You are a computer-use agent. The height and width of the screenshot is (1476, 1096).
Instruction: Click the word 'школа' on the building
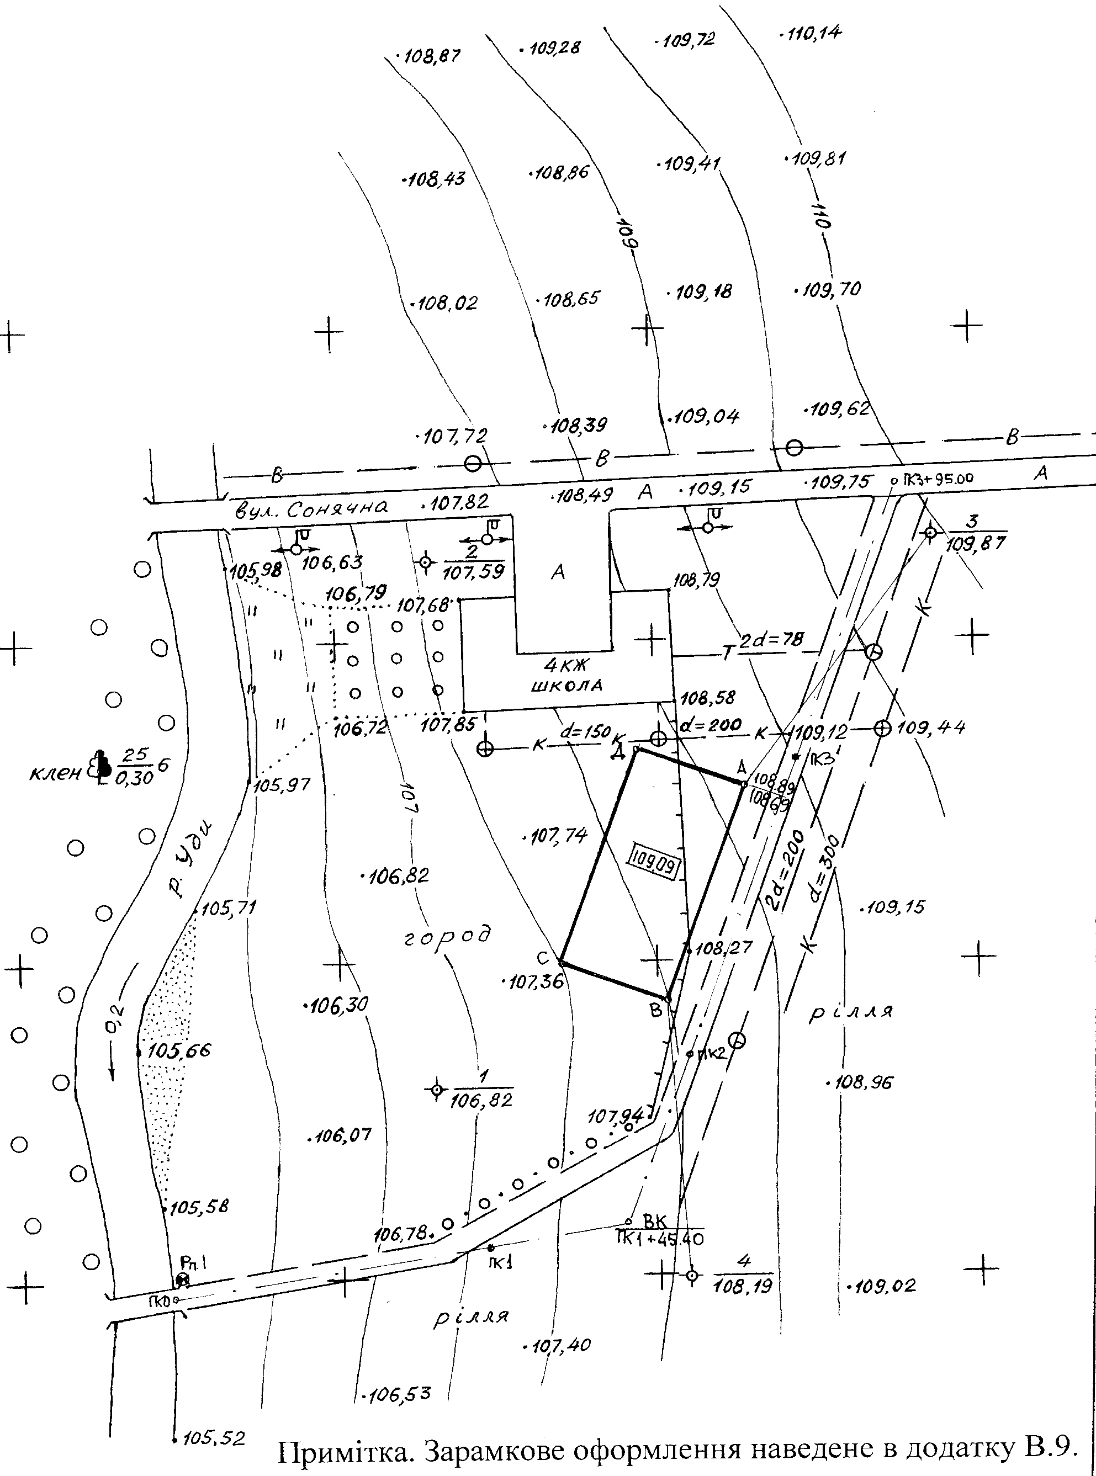[x=566, y=686]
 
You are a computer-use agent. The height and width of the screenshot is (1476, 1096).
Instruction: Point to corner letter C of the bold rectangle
[x=543, y=958]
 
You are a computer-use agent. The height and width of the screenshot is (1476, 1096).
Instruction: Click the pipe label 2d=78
[x=771, y=640]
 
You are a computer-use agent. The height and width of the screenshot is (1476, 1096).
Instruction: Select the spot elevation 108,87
[x=431, y=56]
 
